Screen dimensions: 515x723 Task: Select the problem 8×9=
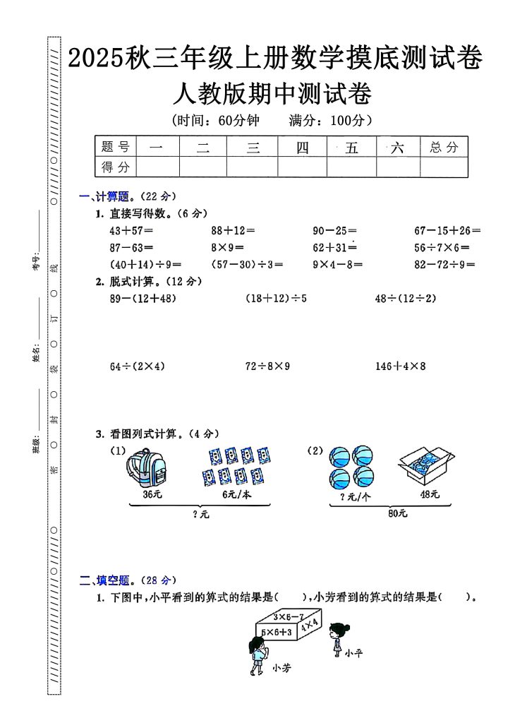click(227, 248)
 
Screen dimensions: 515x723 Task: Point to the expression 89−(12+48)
click(143, 299)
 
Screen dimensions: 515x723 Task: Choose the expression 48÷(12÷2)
click(406, 299)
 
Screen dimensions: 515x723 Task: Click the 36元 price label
click(152, 495)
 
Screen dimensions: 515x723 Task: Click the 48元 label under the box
click(429, 495)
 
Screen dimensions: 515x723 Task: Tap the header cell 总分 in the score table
click(444, 148)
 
